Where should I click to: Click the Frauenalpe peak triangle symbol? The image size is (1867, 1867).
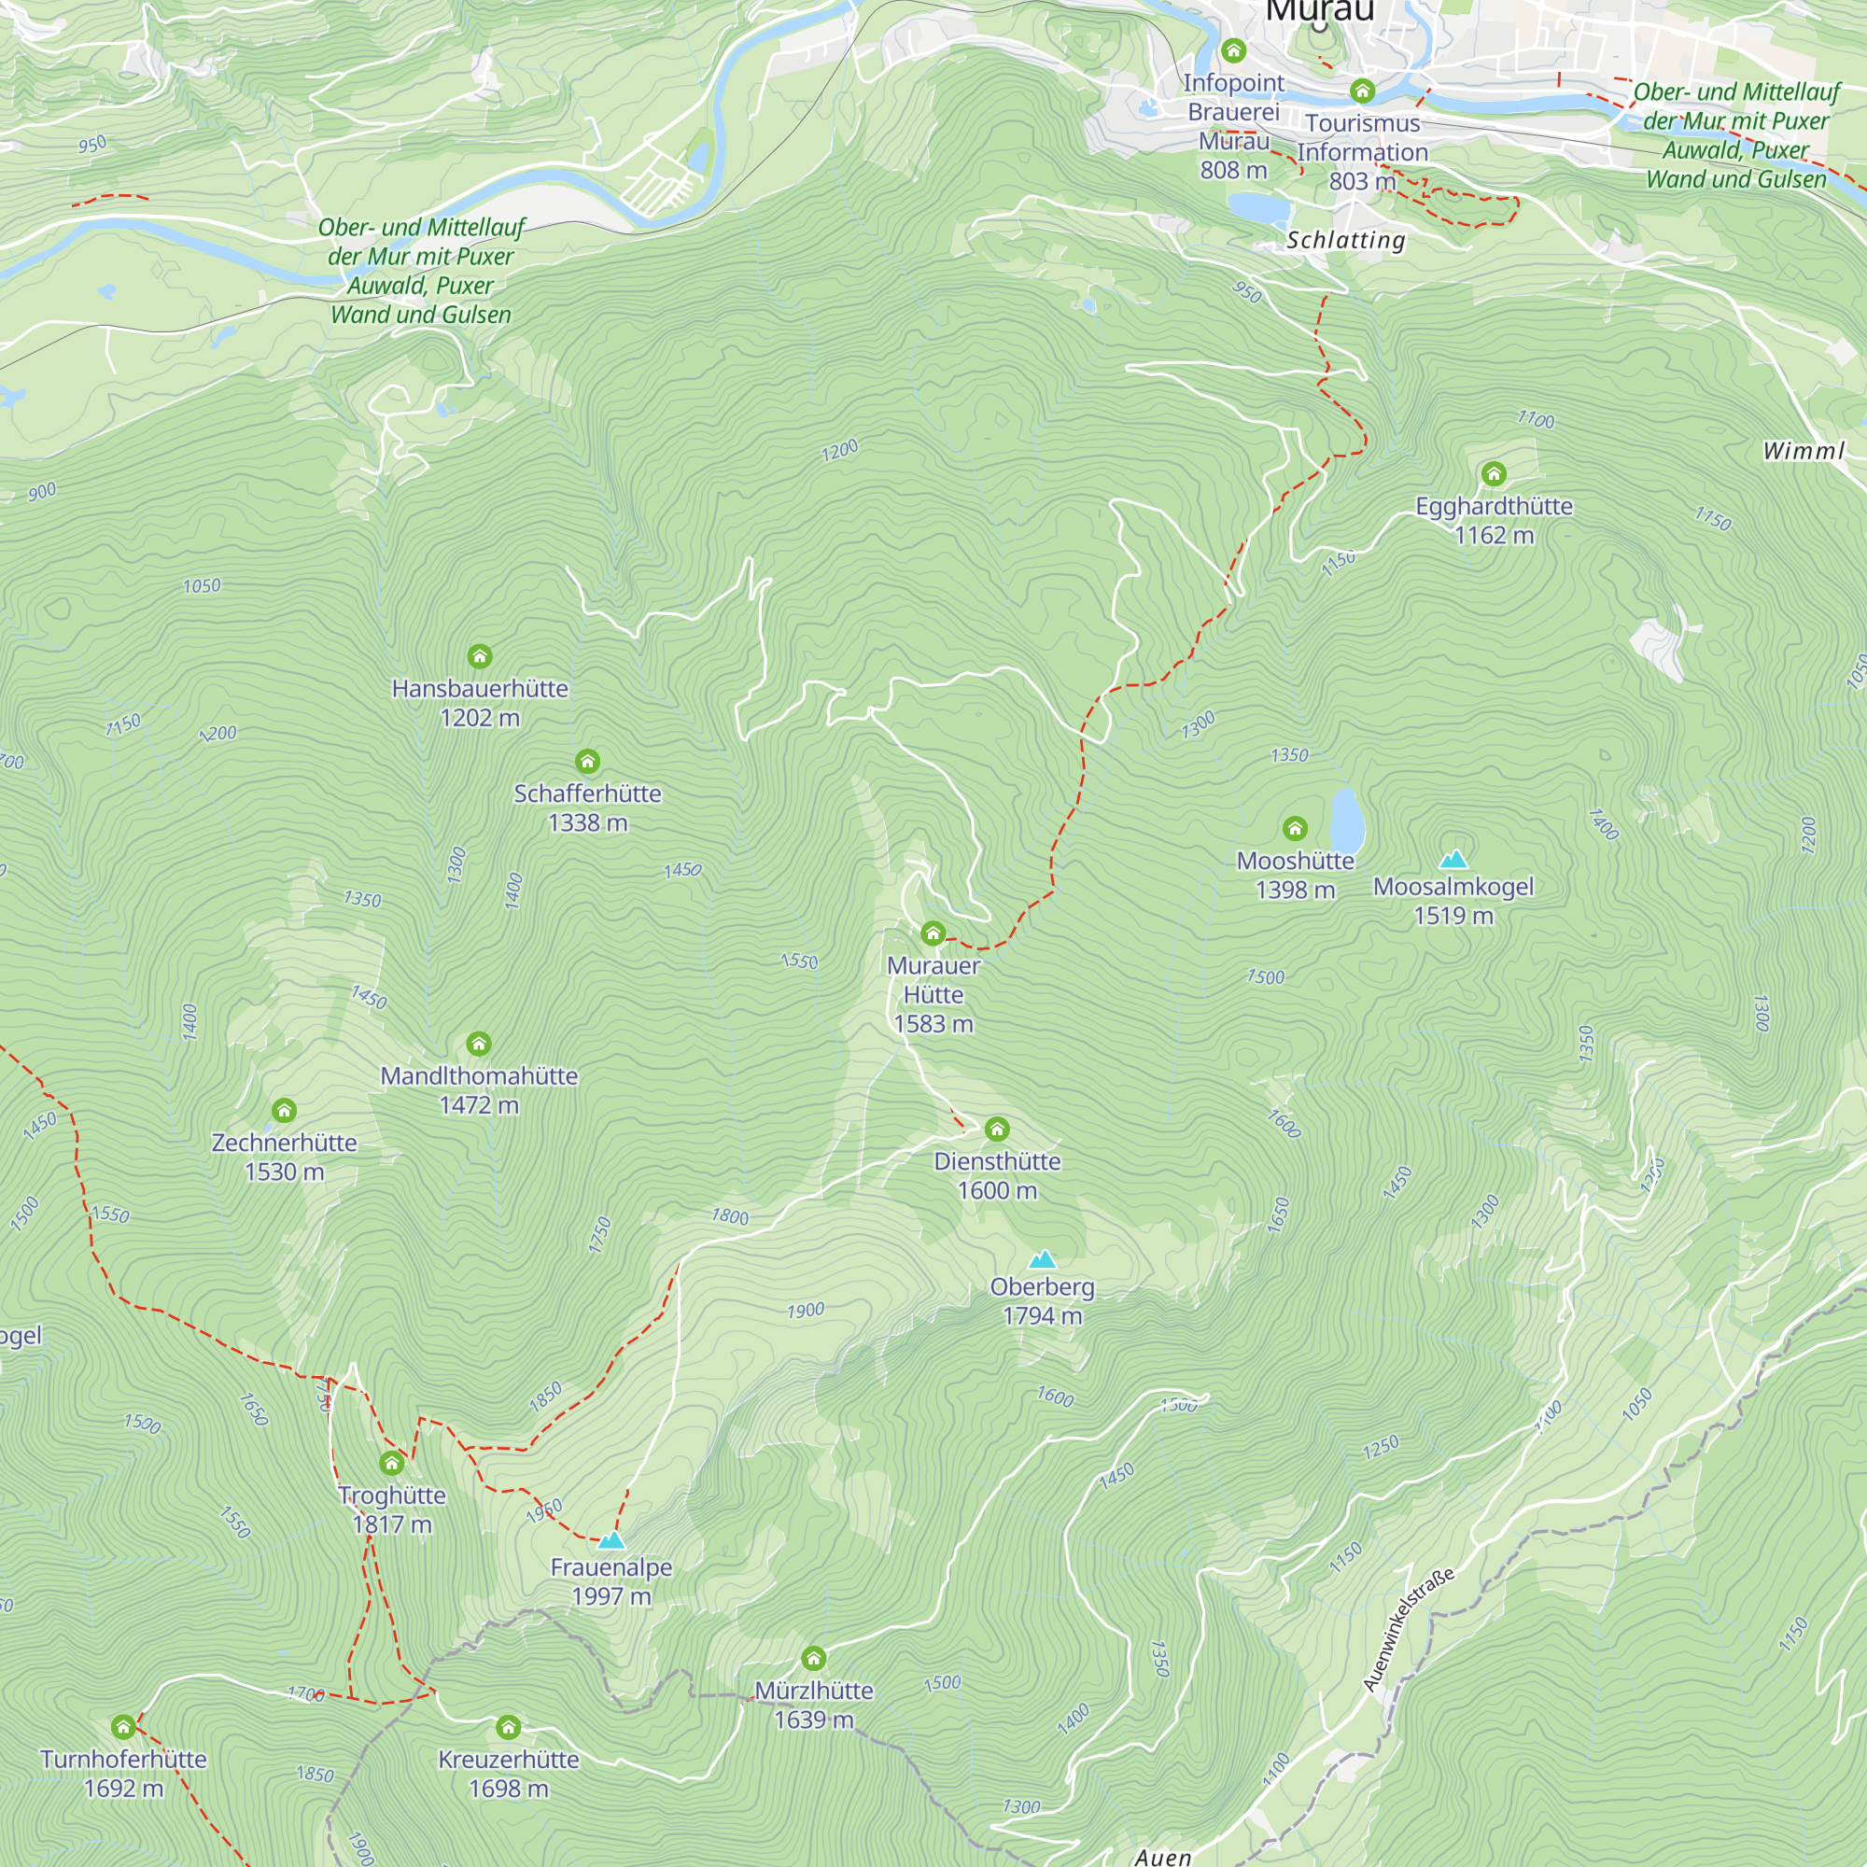tap(611, 1540)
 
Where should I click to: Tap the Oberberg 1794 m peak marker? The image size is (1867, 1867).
tap(1042, 1259)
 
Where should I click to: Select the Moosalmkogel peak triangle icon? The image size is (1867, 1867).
tap(1453, 859)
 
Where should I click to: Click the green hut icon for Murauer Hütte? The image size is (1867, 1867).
tap(933, 933)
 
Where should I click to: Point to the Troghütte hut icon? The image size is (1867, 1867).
tap(391, 1463)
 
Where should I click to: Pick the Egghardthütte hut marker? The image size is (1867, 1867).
tap(1494, 473)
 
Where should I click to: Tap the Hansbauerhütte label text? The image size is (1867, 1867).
tap(479, 689)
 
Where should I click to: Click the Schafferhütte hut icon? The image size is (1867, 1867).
tap(587, 762)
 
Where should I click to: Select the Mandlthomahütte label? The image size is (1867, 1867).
tap(479, 1076)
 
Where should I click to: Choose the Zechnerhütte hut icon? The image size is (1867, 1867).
tap(284, 1110)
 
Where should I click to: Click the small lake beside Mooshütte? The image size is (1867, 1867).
tap(1347, 818)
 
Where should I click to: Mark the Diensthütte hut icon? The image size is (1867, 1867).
tap(997, 1129)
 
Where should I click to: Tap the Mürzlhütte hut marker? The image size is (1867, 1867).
tap(814, 1658)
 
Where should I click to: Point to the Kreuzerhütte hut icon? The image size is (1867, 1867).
tap(509, 1727)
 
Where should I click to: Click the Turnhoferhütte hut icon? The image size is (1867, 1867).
tap(122, 1727)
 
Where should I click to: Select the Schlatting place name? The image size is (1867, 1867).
tap(1345, 240)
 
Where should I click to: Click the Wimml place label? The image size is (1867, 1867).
tap(1804, 450)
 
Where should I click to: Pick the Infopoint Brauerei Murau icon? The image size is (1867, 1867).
tap(1233, 50)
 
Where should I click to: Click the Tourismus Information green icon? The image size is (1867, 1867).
tap(1363, 91)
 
